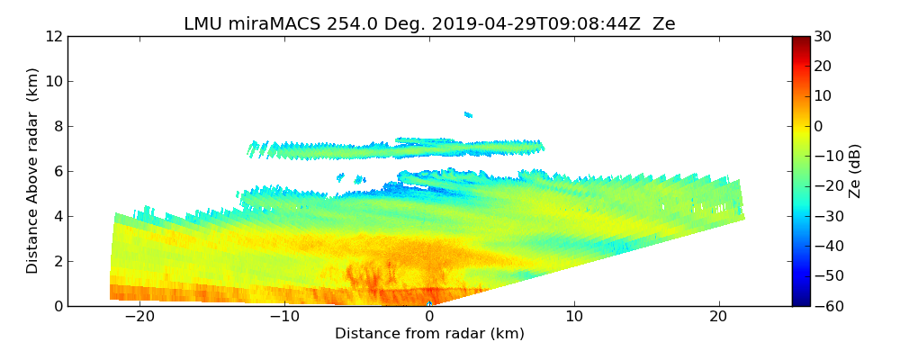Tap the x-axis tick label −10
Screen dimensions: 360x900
tap(284, 317)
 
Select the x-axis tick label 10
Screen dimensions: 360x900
tap(574, 317)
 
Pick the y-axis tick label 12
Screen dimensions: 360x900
tap(54, 37)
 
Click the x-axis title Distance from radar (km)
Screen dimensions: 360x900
tap(429, 334)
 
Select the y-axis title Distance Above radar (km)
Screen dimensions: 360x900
tap(33, 171)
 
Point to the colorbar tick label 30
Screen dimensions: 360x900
tap(823, 37)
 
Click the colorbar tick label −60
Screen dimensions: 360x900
tap(826, 306)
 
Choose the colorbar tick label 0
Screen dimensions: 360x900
tap(818, 127)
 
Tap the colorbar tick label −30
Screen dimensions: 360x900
tap(826, 217)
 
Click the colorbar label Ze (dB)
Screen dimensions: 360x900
tap(855, 171)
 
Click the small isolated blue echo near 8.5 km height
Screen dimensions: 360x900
tap(468, 114)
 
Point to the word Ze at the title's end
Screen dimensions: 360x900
tap(663, 24)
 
